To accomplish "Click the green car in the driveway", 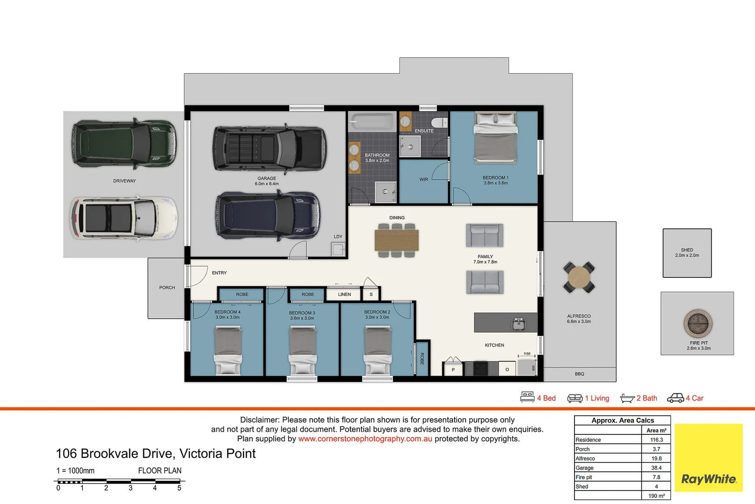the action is pyautogui.click(x=124, y=143).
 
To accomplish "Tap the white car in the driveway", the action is pyautogui.click(x=124, y=218).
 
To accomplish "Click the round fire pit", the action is pyautogui.click(x=698, y=323).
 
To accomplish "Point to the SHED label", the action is pyautogui.click(x=687, y=250).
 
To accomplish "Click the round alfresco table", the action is pyautogui.click(x=579, y=277).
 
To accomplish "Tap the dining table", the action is pyautogui.click(x=397, y=240).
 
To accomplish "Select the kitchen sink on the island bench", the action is pyautogui.click(x=519, y=324).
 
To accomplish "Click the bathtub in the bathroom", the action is pyautogui.click(x=373, y=121).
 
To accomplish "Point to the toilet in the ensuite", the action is pyautogui.click(x=439, y=122).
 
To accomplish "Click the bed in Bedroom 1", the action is pyautogui.click(x=495, y=138).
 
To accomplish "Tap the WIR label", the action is pyautogui.click(x=424, y=180).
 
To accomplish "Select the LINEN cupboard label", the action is pyautogui.click(x=345, y=294).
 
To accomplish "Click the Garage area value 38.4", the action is pyautogui.click(x=656, y=468).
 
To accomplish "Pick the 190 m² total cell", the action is pyautogui.click(x=656, y=496).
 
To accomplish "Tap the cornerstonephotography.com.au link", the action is pyautogui.click(x=365, y=439).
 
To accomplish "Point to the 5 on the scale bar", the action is pyautogui.click(x=180, y=488).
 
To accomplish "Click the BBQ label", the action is pyautogui.click(x=579, y=374).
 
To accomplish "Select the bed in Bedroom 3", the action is pyautogui.click(x=302, y=350).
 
